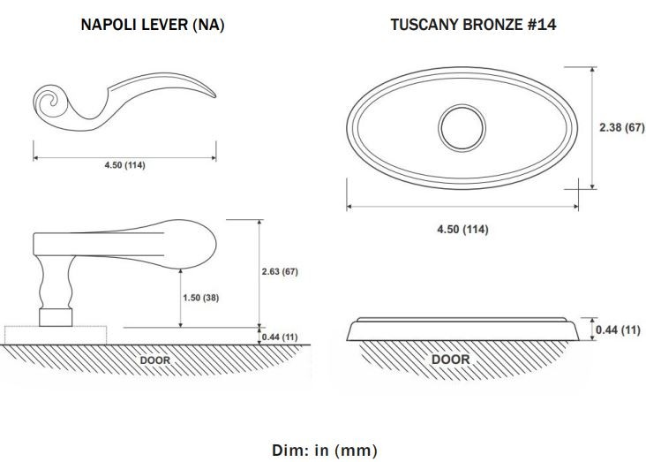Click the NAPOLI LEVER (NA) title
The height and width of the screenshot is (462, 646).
[153, 25]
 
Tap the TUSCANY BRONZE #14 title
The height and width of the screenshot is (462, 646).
[473, 25]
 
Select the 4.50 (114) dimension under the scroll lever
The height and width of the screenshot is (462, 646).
[124, 165]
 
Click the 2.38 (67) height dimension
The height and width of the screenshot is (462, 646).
[621, 127]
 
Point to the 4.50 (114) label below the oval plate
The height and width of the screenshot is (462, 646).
[462, 229]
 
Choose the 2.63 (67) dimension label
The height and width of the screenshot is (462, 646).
[280, 271]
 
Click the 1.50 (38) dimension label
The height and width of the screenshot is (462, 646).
[200, 298]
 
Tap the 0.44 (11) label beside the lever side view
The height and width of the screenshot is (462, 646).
[280, 337]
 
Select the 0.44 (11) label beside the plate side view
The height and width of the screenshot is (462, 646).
[618, 329]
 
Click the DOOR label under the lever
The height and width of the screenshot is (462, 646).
[155, 360]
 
